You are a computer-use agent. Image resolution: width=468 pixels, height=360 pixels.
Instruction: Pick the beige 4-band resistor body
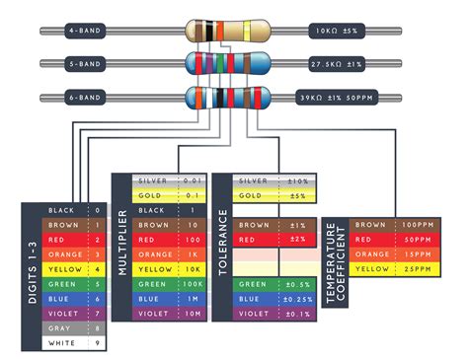pyautogui.click(x=226, y=32)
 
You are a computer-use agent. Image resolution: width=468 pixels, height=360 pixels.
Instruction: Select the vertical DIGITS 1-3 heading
pyautogui.click(x=34, y=276)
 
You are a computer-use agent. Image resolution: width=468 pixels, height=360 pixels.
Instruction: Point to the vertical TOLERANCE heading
pyautogui.click(x=222, y=247)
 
